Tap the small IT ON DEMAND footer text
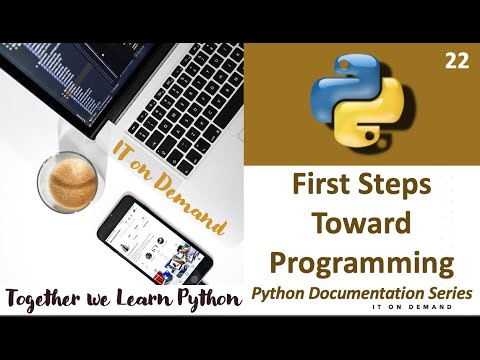pos(403,308)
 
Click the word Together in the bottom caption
pos(46,297)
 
